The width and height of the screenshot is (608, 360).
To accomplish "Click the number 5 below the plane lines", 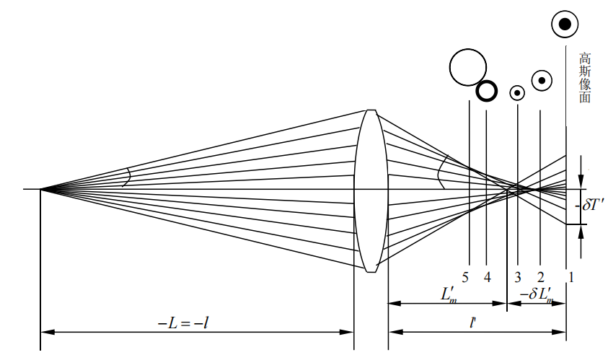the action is pyautogui.click(x=465, y=277).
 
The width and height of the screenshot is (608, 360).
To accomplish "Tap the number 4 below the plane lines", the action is pyautogui.click(x=488, y=277).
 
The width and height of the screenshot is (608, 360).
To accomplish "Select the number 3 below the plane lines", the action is pyautogui.click(x=518, y=277).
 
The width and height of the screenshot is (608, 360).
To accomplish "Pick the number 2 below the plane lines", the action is pyautogui.click(x=540, y=277).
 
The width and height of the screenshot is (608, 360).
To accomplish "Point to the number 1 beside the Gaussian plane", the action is pyautogui.click(x=570, y=277).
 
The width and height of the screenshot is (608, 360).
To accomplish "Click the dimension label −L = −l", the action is pyautogui.click(x=183, y=322).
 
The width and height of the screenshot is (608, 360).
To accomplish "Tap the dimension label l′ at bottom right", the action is pyautogui.click(x=472, y=322).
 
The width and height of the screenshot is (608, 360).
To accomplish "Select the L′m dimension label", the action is pyautogui.click(x=449, y=295).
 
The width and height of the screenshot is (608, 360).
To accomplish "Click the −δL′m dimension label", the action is pyautogui.click(x=537, y=295).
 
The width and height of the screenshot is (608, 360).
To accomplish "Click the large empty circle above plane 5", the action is pyautogui.click(x=468, y=67).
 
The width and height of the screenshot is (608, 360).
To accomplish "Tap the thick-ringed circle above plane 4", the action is pyautogui.click(x=487, y=91).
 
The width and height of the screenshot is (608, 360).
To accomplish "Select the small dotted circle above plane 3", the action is pyautogui.click(x=517, y=93).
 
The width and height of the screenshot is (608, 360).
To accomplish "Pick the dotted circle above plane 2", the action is pyautogui.click(x=542, y=81).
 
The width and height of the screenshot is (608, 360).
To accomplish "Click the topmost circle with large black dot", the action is pyautogui.click(x=565, y=24).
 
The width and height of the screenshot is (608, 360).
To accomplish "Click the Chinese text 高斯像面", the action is pyautogui.click(x=585, y=78).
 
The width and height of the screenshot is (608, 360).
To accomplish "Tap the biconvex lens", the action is pyautogui.click(x=371, y=191).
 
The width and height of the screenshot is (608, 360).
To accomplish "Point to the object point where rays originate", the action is pyautogui.click(x=40, y=189).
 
